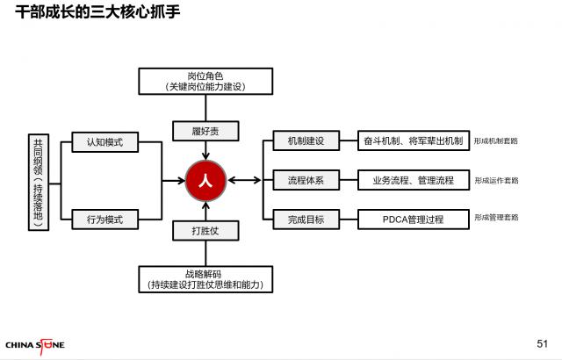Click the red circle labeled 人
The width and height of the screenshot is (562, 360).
pos(205,180)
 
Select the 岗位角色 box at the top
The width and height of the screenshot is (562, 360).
pos(205,81)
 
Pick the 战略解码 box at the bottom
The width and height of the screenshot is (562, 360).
pos(205,279)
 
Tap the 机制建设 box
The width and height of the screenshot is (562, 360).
pos(305,141)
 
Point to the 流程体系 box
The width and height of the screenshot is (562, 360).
pos(305,180)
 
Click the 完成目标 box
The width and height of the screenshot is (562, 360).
pos(305,219)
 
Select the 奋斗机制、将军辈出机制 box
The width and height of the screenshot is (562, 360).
pos(412,141)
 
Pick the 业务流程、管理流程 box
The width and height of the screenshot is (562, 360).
pos(412,180)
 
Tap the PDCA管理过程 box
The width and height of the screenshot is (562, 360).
pos(412,219)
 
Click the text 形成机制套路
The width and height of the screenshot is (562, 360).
pos(495,141)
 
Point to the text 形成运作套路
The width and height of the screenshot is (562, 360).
pos(495,180)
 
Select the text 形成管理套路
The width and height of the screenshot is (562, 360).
pos(495,218)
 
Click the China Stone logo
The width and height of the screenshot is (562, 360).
pos(35,343)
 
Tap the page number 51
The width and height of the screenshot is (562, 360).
pos(542,342)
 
